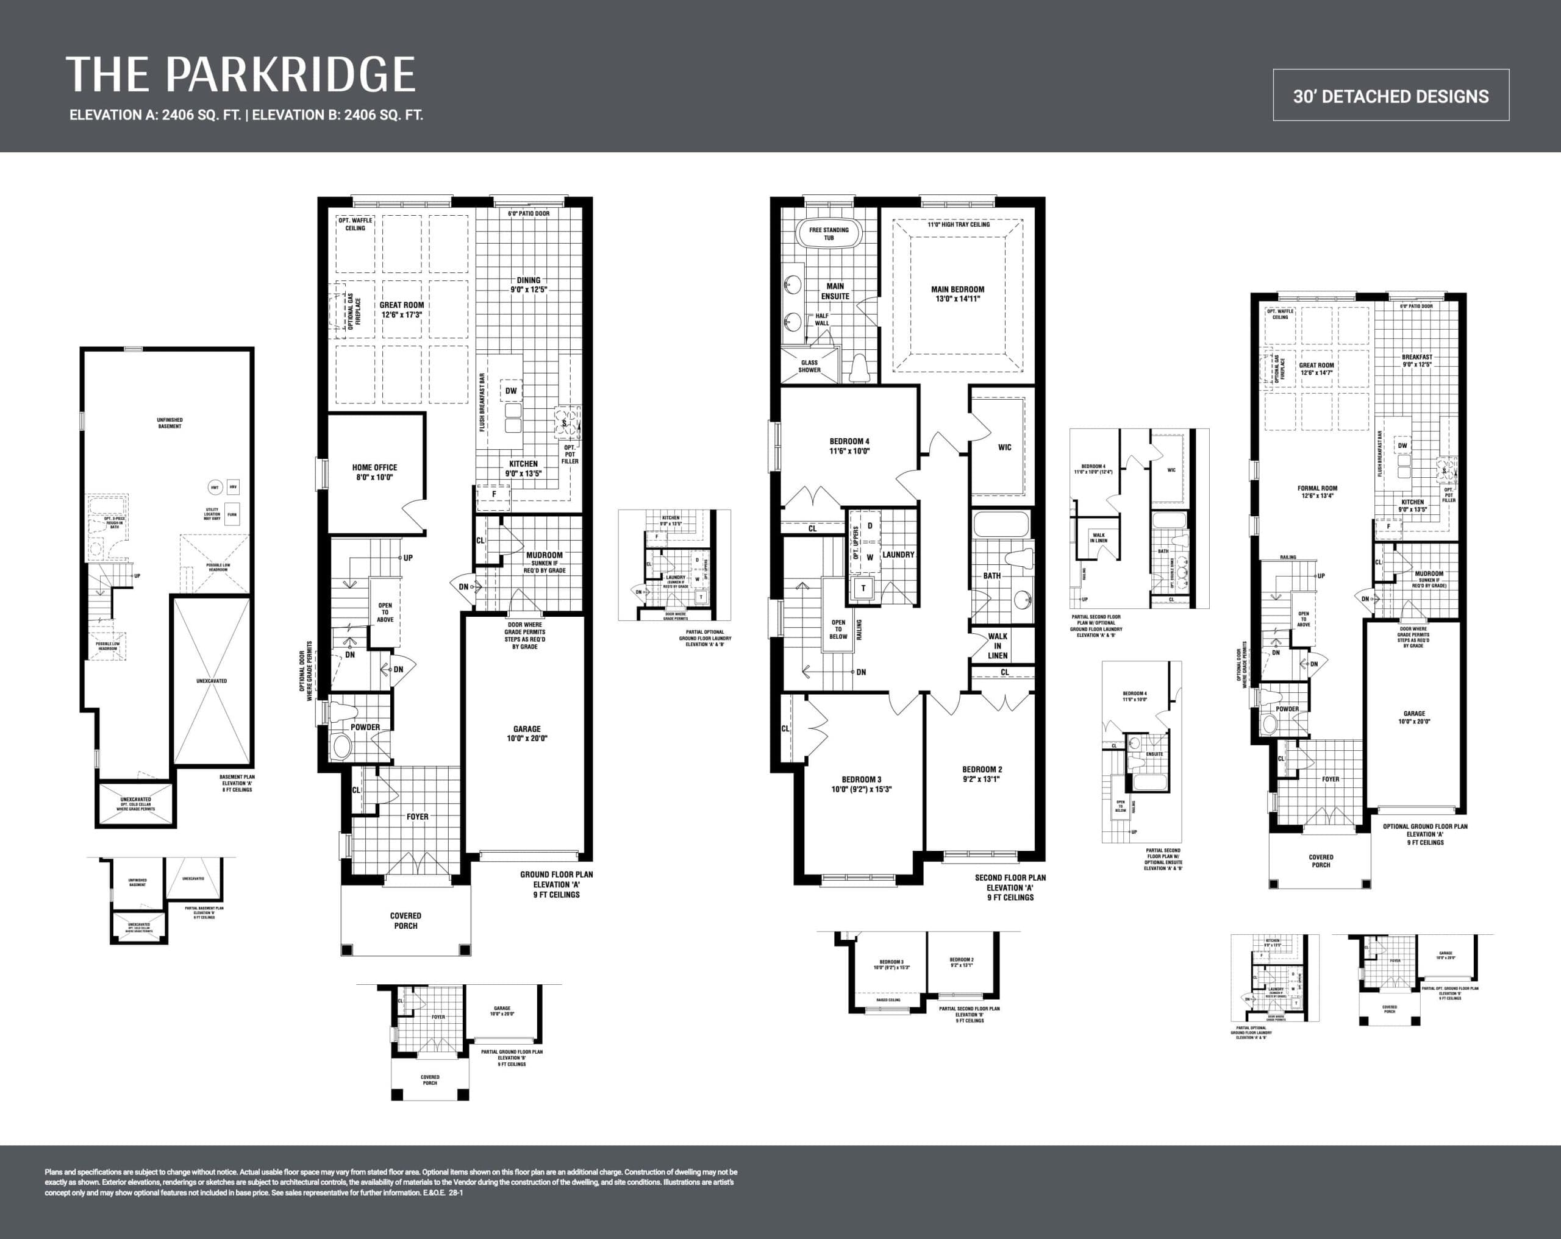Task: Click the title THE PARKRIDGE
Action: click(240, 74)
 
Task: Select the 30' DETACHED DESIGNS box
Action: click(1391, 96)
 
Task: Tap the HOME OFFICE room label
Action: click(374, 472)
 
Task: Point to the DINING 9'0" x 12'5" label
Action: click(529, 285)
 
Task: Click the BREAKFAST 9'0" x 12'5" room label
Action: click(1416, 360)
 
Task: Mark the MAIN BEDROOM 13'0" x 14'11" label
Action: click(957, 293)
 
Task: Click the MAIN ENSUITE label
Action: click(835, 291)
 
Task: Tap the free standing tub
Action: click(829, 234)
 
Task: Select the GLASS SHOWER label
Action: click(809, 366)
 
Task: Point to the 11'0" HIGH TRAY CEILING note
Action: click(958, 224)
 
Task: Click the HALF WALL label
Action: click(822, 319)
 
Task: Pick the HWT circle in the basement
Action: click(214, 488)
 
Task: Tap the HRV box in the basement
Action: click(233, 487)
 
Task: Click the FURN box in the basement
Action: click(232, 514)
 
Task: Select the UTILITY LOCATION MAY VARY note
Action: click(212, 514)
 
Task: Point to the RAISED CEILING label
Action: click(888, 1000)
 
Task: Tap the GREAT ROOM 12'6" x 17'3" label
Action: click(402, 310)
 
